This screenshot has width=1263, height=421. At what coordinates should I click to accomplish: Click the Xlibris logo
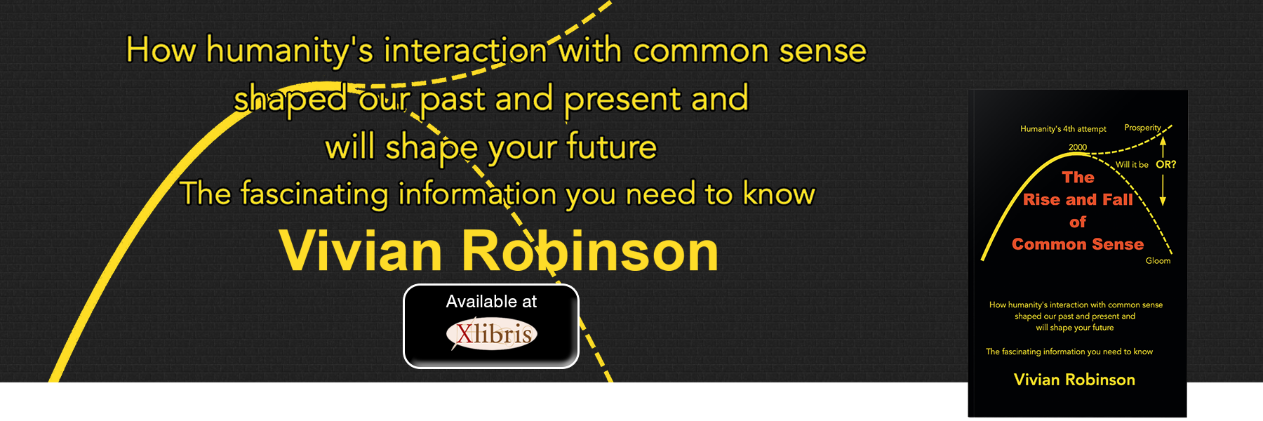tap(492, 334)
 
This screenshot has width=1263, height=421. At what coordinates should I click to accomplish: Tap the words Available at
tap(491, 302)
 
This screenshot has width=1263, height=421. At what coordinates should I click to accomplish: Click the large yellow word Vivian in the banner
tap(361, 250)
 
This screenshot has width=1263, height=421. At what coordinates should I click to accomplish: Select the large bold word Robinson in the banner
tap(589, 250)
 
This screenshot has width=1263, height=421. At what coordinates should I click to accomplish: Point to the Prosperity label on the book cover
tap(1142, 128)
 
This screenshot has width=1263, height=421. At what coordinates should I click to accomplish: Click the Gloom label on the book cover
tap(1158, 260)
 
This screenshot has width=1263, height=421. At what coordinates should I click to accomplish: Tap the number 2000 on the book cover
tap(1078, 147)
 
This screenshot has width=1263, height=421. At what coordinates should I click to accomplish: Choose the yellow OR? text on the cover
tap(1166, 164)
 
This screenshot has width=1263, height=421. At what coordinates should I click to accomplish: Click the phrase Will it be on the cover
tap(1132, 165)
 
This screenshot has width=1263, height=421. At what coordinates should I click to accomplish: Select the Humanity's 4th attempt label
tap(1063, 129)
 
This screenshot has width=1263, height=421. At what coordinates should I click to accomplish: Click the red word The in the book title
tap(1078, 178)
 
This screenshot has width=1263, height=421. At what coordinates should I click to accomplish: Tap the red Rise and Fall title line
tap(1078, 200)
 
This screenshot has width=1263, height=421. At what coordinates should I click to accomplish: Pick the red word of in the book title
tap(1078, 222)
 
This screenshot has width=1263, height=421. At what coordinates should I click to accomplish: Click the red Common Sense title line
tap(1078, 244)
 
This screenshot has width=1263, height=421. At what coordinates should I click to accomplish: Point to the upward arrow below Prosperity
tap(1163, 147)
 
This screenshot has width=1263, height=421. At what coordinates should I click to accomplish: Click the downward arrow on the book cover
tap(1163, 189)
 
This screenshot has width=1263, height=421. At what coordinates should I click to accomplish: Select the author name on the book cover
tap(1074, 380)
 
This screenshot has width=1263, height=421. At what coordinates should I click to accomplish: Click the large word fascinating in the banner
tap(314, 194)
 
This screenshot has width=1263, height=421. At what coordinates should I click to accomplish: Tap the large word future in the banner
tap(611, 147)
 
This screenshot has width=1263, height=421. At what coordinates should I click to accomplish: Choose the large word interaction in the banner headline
tap(466, 51)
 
